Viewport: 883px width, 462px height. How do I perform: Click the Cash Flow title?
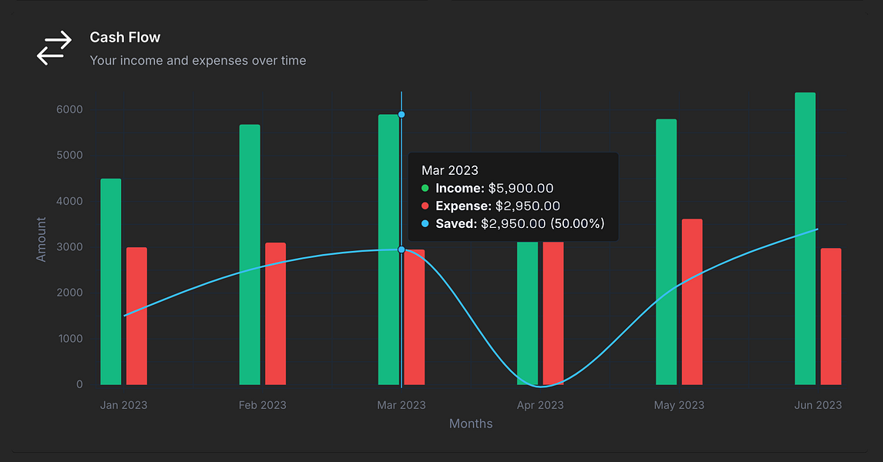125,37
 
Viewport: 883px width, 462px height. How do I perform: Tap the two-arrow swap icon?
54,48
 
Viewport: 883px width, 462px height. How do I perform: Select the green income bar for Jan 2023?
111,282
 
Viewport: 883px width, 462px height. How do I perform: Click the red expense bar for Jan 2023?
136,316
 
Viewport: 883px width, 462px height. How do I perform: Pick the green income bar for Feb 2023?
250,254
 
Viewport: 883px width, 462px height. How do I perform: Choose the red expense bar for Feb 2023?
275,313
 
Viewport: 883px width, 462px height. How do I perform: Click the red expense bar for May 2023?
692,302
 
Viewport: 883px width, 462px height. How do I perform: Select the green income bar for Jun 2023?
805,239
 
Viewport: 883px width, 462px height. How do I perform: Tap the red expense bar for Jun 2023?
831,316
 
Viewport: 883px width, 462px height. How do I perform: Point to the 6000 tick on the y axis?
69,109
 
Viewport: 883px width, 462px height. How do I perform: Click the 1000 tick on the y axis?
69,339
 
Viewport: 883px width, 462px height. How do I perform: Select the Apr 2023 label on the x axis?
540,405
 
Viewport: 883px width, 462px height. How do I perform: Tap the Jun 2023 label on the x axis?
818,405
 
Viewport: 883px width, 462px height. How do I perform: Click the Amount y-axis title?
42,239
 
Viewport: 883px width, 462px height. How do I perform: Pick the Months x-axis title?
471,423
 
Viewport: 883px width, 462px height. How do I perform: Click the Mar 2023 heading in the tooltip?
450,170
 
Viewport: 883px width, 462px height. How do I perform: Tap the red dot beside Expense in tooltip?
425,206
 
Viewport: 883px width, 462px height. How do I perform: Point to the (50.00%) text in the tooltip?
577,224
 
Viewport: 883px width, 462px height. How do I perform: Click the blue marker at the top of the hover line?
401,115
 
